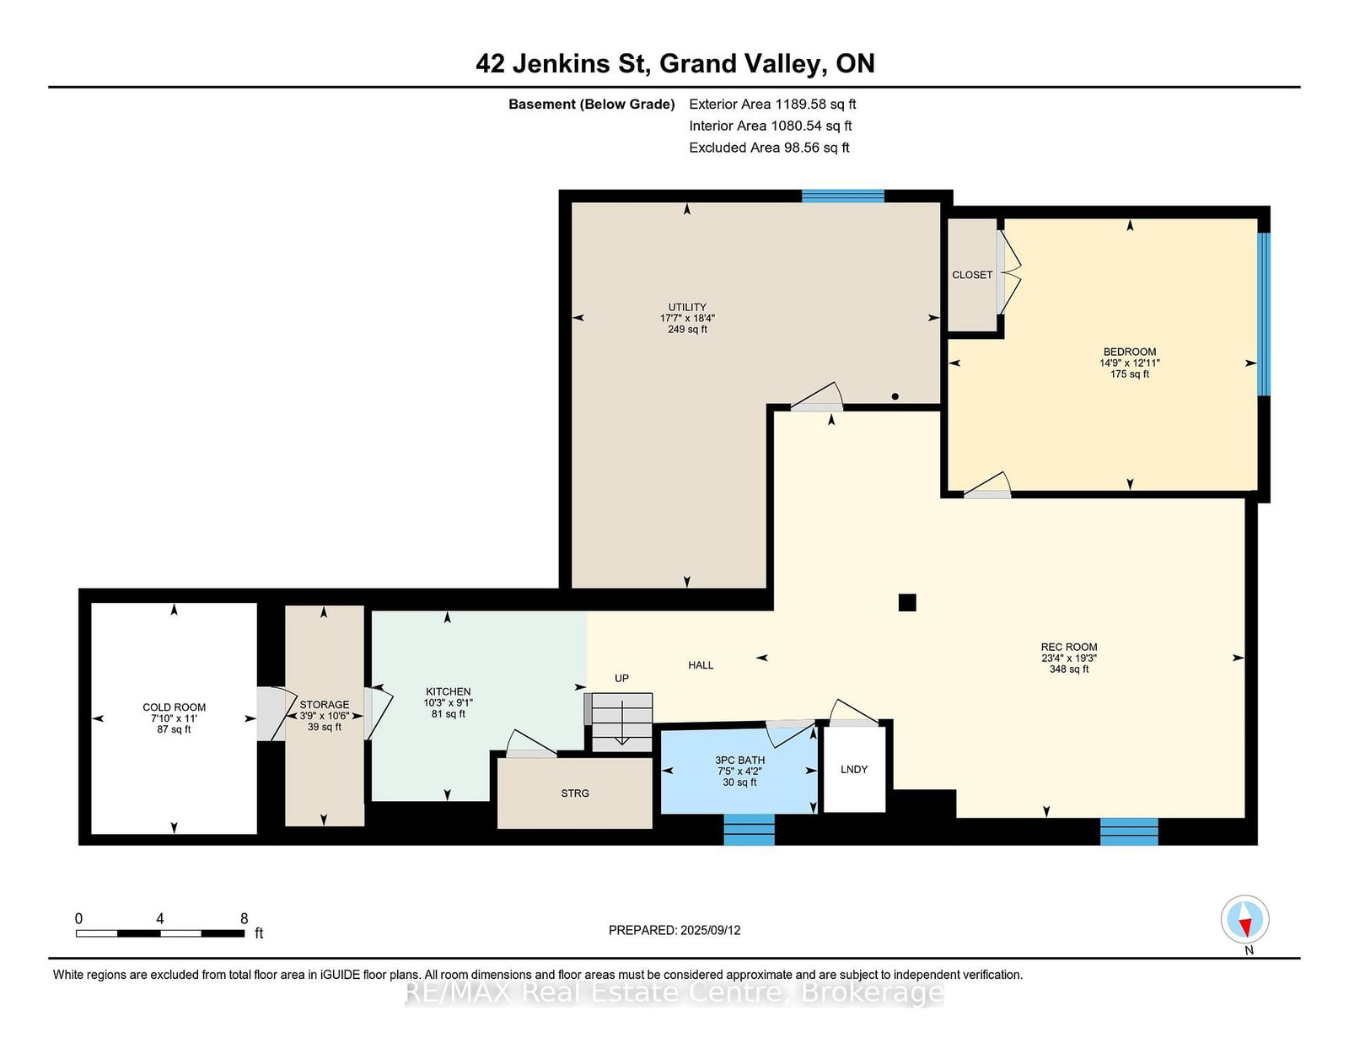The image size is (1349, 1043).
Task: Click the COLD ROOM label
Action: click(x=174, y=707)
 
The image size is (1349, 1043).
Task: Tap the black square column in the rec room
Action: click(x=907, y=602)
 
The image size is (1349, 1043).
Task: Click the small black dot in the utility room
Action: click(x=895, y=396)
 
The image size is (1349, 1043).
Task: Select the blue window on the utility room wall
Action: click(x=842, y=196)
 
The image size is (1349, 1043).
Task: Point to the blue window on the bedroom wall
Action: click(x=1263, y=315)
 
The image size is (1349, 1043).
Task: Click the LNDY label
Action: click(x=853, y=769)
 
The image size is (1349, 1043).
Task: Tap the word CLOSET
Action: click(x=972, y=275)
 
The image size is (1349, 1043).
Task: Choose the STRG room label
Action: click(x=575, y=793)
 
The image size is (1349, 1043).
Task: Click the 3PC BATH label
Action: click(x=739, y=760)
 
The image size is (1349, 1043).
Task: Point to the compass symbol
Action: click(x=1244, y=919)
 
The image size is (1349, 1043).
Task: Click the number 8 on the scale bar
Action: click(x=244, y=919)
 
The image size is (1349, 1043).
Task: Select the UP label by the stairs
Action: click(x=621, y=678)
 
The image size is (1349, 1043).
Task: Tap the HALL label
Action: click(x=701, y=665)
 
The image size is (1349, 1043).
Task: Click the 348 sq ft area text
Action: click(x=1069, y=669)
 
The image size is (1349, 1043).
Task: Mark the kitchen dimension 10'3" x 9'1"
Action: click(x=449, y=703)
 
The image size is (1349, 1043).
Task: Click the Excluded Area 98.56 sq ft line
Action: click(x=769, y=148)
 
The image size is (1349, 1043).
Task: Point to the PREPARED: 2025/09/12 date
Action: click(x=674, y=930)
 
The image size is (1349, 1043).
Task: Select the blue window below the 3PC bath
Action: click(x=750, y=830)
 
